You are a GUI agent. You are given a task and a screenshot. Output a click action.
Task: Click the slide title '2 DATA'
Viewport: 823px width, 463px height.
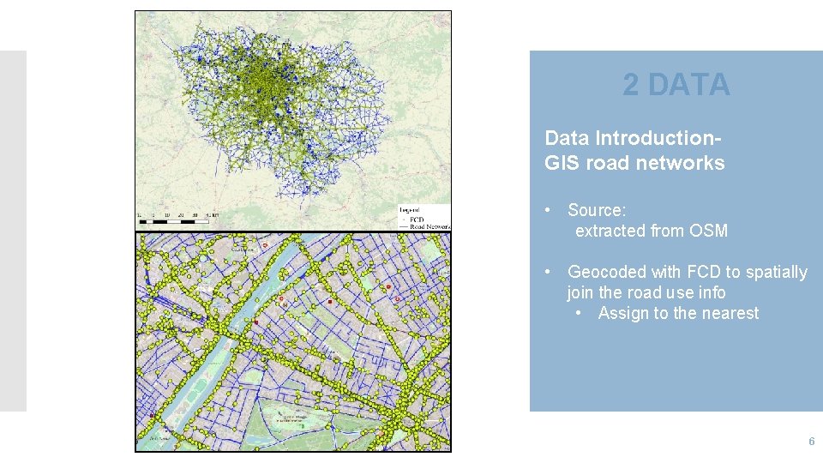coord(676,85)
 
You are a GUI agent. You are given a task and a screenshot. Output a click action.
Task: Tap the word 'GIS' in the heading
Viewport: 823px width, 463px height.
coord(562,163)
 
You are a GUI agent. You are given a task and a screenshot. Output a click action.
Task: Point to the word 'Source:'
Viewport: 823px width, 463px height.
coord(597,210)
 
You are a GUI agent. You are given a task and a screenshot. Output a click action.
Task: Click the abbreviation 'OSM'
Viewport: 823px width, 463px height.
coord(708,231)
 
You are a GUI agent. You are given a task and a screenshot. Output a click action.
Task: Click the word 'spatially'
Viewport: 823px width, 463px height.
coord(777,272)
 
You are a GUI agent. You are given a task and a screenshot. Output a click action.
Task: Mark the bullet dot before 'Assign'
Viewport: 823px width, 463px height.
coord(580,313)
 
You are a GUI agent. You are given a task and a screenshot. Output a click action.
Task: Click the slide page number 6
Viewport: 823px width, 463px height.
coord(811,441)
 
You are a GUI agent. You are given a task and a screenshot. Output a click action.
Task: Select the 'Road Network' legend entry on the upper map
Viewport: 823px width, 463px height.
coord(430,226)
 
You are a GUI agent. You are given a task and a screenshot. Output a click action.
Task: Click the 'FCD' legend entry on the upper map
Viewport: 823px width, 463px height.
coord(418,219)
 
